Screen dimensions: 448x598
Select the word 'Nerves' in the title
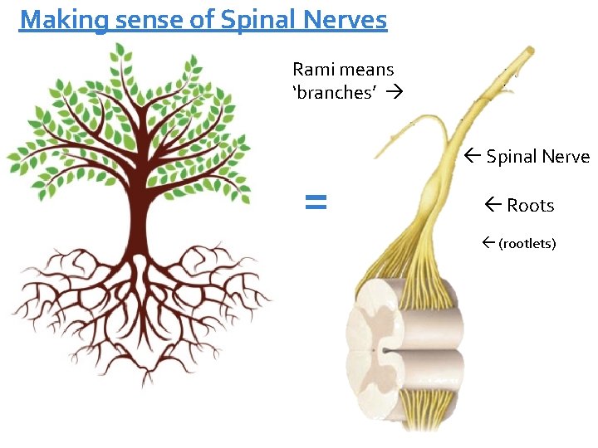(349, 19)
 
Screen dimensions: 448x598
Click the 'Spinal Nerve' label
(537, 157)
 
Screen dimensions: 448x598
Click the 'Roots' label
(530, 206)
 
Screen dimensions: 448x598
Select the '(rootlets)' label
(527, 244)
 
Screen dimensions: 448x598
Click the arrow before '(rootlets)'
(488, 244)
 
